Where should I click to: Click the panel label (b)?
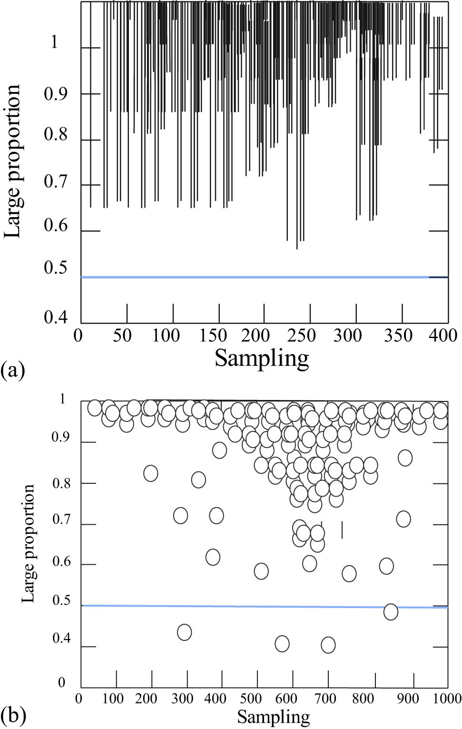[12, 715]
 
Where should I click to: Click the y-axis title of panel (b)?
[29, 543]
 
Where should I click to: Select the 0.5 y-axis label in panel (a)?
[56, 268]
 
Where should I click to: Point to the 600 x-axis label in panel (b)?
[289, 699]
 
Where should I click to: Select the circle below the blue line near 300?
[184, 632]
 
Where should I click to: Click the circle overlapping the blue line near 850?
[391, 611]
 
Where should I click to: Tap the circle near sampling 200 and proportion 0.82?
[150, 473]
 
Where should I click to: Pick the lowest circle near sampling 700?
[328, 645]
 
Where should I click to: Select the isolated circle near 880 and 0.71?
[403, 519]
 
